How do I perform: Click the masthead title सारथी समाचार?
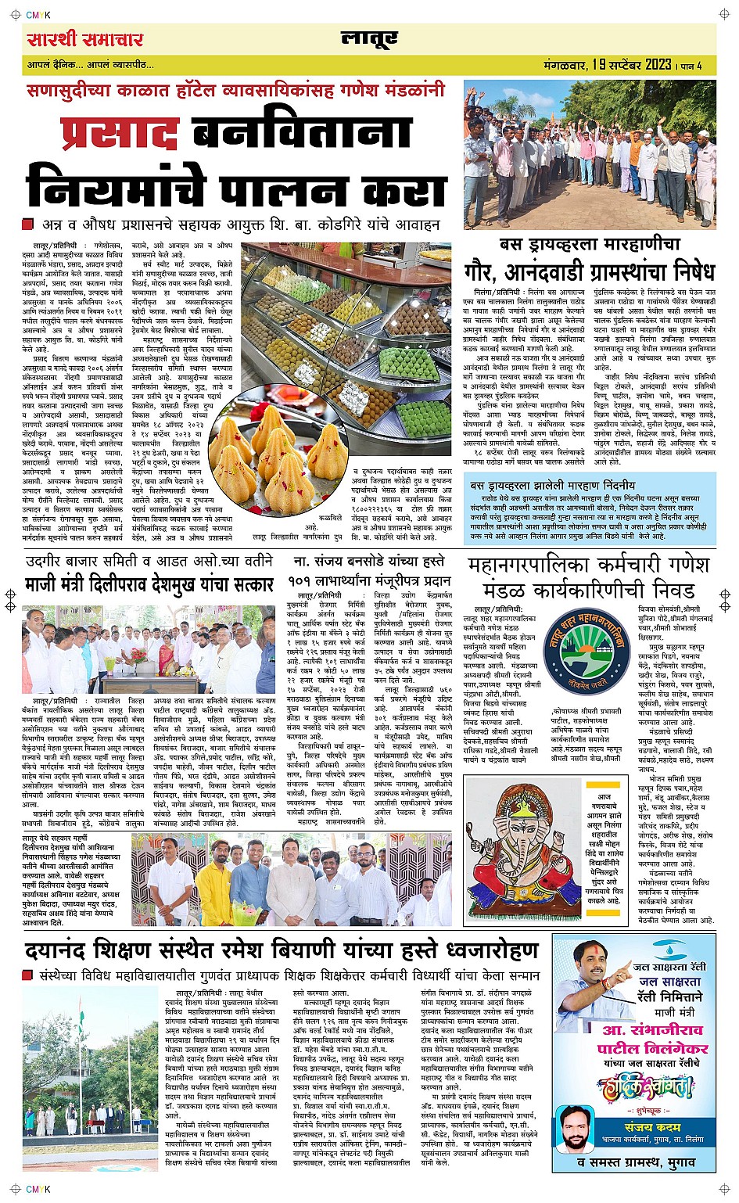85,39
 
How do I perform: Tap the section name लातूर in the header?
369,39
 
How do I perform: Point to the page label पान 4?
693,66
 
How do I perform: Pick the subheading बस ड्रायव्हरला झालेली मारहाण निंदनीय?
552,486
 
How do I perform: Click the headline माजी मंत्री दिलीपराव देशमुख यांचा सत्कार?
149,584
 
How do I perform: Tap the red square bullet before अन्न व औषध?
28,224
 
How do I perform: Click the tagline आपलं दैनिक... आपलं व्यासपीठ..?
91,65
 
